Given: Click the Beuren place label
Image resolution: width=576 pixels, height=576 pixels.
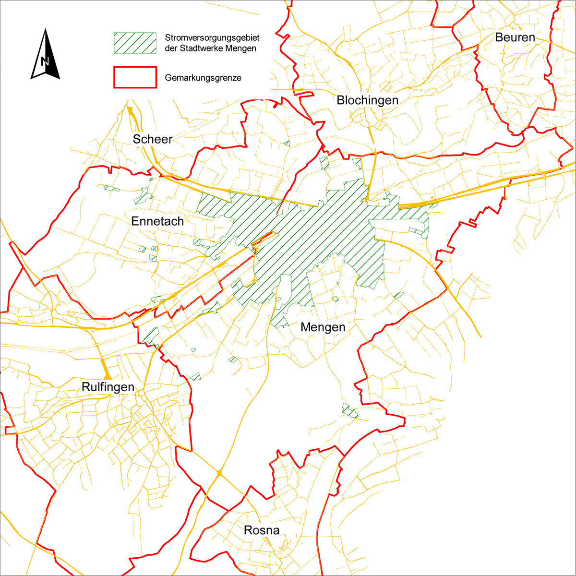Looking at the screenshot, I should click(515, 37).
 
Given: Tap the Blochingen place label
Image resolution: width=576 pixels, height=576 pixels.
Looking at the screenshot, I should click(368, 100).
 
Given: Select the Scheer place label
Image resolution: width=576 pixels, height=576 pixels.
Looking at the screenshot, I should click(153, 139).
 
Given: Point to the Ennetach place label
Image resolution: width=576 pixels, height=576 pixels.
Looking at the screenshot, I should click(157, 221).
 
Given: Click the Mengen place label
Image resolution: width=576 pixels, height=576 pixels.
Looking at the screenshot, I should click(323, 327).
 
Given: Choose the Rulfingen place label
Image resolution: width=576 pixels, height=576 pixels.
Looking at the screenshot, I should click(108, 387).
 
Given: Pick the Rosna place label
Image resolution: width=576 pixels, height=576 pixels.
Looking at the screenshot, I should click(262, 530).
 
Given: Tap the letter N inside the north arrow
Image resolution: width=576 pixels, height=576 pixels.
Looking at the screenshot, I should click(45, 61).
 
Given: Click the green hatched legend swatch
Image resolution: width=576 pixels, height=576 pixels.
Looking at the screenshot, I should click(135, 43).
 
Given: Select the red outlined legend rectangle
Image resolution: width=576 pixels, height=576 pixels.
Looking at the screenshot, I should click(135, 77).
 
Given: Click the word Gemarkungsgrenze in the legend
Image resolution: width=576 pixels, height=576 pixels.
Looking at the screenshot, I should click(203, 78).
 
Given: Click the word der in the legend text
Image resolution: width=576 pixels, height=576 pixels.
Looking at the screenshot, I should click(170, 48).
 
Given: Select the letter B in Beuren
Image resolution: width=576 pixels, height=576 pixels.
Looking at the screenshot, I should click(499, 37).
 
